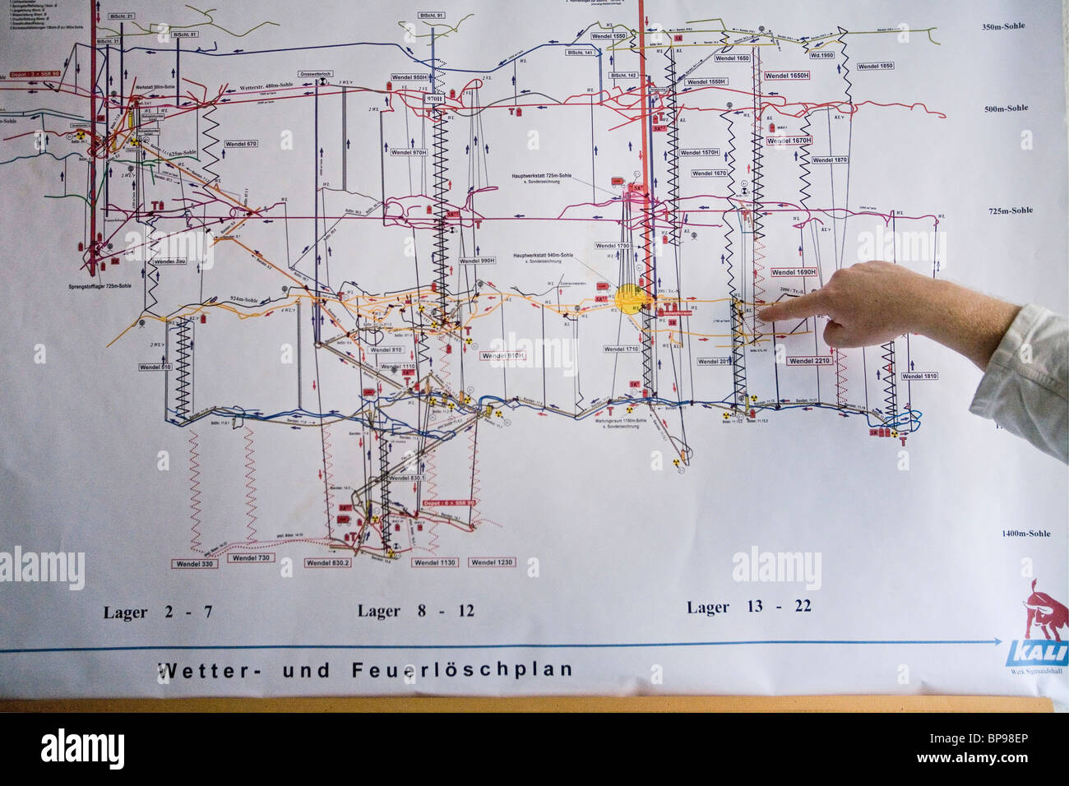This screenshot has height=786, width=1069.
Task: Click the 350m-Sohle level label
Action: point(1003,26)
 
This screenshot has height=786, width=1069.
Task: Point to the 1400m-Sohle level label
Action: point(1025,534)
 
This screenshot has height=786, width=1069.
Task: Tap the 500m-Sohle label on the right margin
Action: point(1006,109)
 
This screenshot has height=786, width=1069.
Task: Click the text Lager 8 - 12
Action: point(415,611)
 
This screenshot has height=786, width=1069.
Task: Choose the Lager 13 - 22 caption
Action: point(749,607)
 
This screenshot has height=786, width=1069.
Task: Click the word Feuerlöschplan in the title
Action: point(462,669)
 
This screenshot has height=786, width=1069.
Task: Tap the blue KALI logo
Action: point(1037,653)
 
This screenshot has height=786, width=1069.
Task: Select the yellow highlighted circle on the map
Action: point(630,298)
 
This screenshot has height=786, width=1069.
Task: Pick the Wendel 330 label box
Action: point(195,564)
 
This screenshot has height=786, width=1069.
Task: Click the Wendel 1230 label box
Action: point(492,562)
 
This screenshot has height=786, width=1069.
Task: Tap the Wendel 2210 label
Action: point(809,361)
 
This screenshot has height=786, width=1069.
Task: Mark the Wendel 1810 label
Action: point(919,376)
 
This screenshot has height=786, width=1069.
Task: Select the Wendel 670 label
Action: point(241,144)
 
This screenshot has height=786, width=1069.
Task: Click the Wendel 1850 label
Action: point(875,66)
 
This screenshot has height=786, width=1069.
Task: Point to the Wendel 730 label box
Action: point(251,557)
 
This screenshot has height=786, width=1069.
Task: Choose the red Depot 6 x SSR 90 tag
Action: point(449,502)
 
